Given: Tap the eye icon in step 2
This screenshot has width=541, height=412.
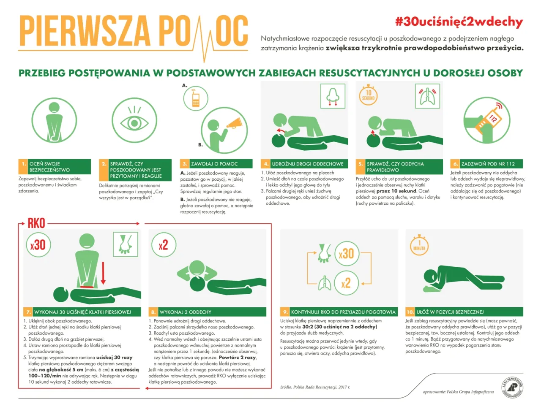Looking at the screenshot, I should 134,122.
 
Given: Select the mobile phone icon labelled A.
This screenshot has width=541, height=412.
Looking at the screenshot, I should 195,98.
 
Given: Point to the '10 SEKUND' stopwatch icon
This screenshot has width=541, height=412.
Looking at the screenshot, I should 369,95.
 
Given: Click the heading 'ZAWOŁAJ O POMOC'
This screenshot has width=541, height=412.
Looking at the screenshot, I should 214,164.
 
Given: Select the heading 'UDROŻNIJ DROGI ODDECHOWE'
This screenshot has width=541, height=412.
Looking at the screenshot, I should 307,164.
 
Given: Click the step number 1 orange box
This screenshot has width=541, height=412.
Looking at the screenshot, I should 23,164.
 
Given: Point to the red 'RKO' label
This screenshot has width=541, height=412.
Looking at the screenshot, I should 36,223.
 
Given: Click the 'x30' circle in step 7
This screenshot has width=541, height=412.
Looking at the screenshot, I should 38,244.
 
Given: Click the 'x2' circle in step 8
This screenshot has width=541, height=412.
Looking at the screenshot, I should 163,245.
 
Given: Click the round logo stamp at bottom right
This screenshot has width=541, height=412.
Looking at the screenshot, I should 512,387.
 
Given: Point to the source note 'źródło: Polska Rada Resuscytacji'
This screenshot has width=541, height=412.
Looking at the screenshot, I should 315,387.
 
